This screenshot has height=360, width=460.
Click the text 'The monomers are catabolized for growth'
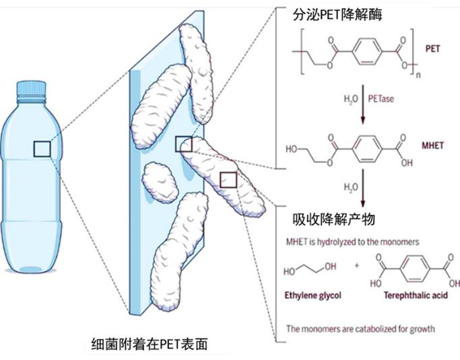click(360, 329)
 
